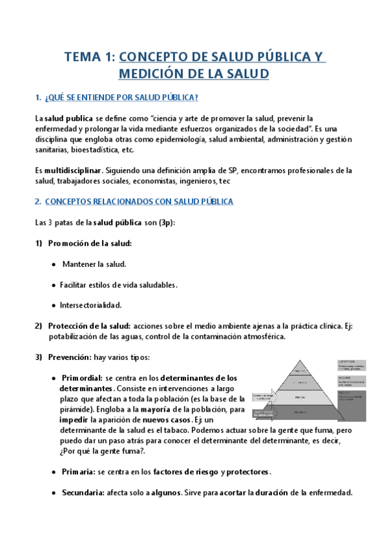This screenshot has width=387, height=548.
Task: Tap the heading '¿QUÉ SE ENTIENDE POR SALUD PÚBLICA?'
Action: coord(121,98)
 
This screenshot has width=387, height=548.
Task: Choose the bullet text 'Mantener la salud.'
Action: coord(94,264)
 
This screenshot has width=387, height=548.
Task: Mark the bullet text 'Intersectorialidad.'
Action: coord(90,305)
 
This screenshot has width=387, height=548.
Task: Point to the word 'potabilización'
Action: coord(75,337)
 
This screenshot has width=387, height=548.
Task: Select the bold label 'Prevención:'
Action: coord(70,357)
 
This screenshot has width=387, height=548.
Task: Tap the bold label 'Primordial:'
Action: coord(81,378)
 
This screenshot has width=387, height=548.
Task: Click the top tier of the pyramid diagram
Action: coord(298,370)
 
